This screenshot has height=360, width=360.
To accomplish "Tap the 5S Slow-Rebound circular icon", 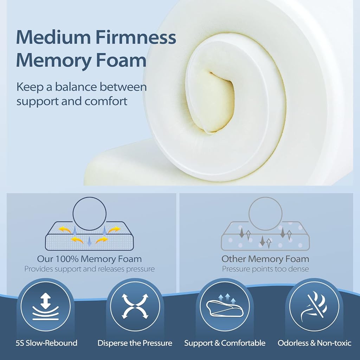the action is click(x=45, y=306).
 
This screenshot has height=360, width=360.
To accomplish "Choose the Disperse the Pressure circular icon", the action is click(x=135, y=306).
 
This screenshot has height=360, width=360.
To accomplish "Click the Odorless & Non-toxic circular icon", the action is click(x=314, y=306).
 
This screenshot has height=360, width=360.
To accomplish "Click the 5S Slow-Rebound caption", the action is click(x=46, y=343).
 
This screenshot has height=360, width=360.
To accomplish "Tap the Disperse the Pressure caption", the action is click(x=135, y=343).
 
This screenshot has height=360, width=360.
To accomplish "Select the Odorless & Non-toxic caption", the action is click(x=314, y=343).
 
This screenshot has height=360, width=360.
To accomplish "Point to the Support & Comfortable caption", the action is click(x=225, y=343).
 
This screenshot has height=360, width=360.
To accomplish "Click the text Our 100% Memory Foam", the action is click(x=89, y=259).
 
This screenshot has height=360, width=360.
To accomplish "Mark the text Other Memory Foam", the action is click(x=265, y=259).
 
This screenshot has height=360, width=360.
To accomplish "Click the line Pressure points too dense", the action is click(x=265, y=269).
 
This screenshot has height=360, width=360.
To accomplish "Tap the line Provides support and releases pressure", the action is click(x=90, y=269).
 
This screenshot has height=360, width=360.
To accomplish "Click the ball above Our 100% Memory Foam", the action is click(x=90, y=214).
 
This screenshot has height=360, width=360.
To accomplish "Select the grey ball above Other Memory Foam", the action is click(x=265, y=214).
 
